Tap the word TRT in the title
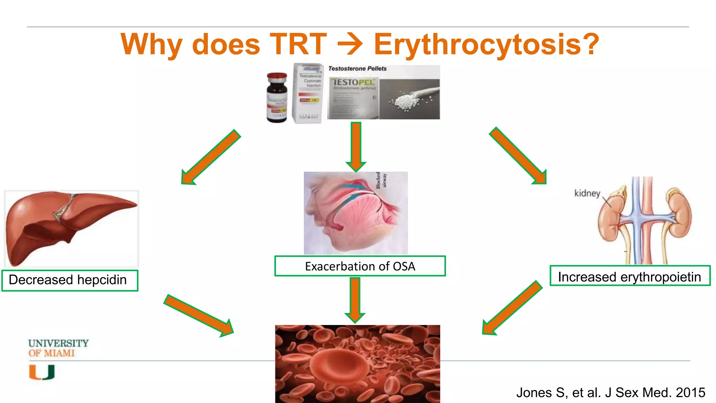[298, 45]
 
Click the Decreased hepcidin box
[70, 280]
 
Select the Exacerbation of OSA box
[360, 266]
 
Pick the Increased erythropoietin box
[630, 276]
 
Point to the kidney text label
[587, 193]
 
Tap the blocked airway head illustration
[356, 213]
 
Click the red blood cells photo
[357, 364]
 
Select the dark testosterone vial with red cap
[277, 98]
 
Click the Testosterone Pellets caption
[357, 69]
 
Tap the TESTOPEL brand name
[354, 82]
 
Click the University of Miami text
[58, 348]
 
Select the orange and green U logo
[42, 372]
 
